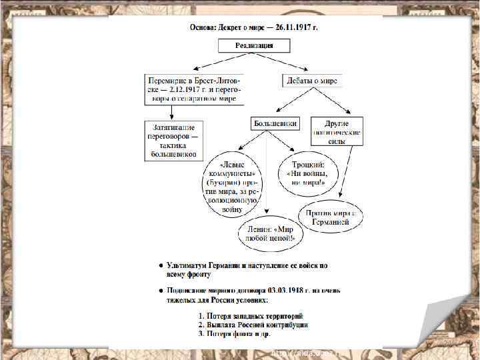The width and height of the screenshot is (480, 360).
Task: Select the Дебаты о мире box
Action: click(x=311, y=81)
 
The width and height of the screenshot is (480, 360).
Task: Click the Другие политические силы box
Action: click(x=337, y=132)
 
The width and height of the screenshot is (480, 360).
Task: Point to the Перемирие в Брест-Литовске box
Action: click(x=195, y=89)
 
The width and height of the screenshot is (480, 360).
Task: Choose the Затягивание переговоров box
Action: click(x=173, y=141)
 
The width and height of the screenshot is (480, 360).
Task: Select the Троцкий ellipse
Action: click(x=309, y=172)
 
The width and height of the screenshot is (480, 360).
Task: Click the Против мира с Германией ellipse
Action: click(x=332, y=217)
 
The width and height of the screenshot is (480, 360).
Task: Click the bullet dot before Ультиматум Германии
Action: click(x=160, y=265)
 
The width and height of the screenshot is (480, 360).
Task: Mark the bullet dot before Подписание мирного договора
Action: click(x=160, y=291)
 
